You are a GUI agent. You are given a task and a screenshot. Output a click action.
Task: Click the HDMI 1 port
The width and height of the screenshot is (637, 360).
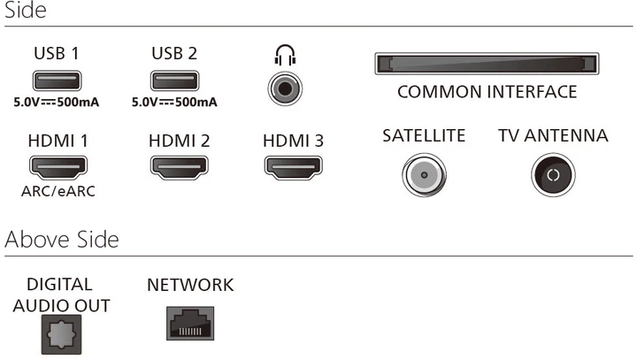click(58, 166)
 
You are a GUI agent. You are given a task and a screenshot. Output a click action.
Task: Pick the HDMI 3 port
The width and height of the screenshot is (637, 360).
click(293, 166)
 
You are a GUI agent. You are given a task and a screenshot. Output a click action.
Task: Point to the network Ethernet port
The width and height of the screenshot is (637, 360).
click(190, 324)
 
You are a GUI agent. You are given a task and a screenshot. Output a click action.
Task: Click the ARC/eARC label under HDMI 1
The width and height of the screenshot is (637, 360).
click(58, 191)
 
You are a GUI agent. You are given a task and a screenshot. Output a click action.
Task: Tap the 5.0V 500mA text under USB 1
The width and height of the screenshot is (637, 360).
click(56, 103)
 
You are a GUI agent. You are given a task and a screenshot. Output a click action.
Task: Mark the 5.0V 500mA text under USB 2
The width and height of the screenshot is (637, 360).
click(174, 103)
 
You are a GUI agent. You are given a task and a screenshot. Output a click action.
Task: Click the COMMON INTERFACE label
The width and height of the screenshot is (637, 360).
click(487, 92)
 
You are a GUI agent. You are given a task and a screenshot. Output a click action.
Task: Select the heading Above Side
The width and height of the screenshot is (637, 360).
click(62, 240)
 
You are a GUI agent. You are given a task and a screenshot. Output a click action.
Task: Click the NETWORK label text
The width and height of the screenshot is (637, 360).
click(190, 285)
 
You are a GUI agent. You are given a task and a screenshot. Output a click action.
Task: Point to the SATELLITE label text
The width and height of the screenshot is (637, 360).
click(424, 136)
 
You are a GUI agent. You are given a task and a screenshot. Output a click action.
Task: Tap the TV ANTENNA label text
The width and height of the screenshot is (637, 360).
click(553, 136)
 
